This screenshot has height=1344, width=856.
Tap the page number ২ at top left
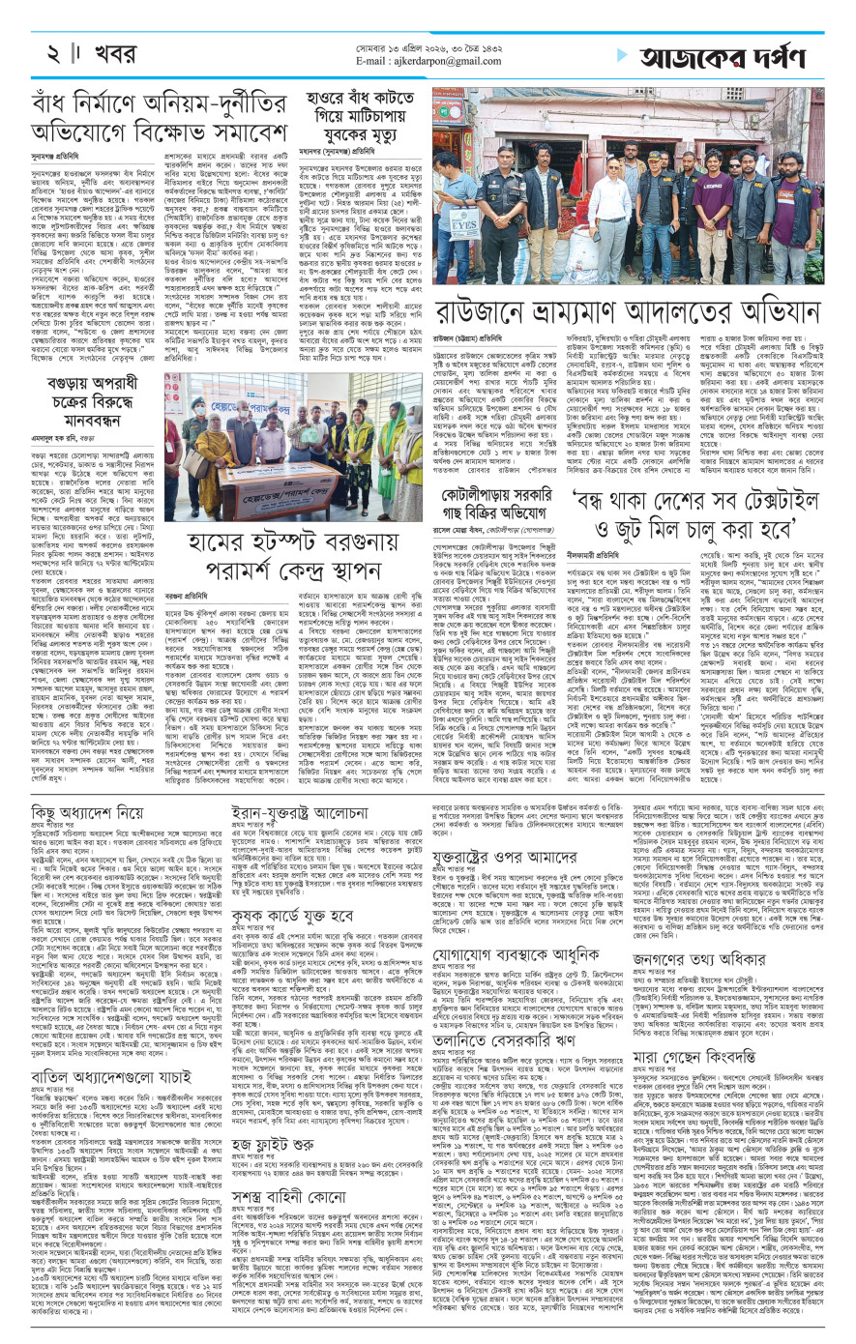point(45,51)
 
